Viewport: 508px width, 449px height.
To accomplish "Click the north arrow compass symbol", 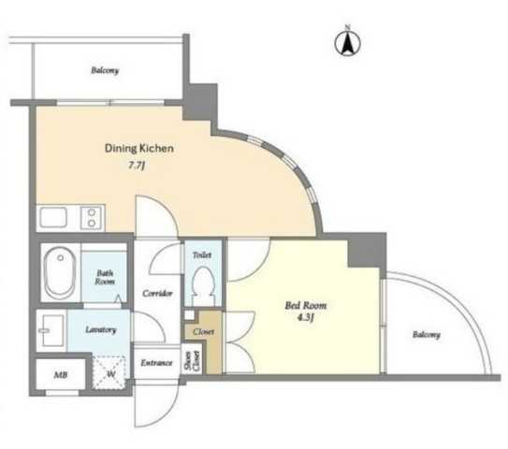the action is point(347,42).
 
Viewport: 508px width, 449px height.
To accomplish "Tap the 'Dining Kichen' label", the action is point(139,149).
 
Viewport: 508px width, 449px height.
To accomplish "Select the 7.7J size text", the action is point(137,166).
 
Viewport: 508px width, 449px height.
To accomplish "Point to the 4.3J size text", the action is point(306,317).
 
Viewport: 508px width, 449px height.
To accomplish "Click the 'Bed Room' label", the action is point(306,306).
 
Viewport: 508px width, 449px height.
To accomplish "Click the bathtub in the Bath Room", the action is point(61,273).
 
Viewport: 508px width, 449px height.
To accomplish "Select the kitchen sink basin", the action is point(53,217).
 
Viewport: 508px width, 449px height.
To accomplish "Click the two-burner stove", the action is point(91,218).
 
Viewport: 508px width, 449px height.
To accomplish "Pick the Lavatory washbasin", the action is point(51,330).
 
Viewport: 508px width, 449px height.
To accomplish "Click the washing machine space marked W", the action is point(109,372).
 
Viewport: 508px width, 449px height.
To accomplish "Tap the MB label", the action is point(61,375).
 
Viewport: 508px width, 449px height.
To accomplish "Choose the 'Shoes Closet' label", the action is point(192,361).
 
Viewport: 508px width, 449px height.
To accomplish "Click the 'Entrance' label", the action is point(156,363).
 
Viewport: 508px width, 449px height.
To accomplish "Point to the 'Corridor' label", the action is point(157,294).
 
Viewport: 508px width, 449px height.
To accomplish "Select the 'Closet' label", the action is point(203,332).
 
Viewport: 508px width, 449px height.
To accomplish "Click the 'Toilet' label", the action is point(202,255).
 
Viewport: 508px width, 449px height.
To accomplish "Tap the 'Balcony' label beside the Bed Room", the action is point(427,335).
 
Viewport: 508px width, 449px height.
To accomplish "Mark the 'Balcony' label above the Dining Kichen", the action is point(105,70).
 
